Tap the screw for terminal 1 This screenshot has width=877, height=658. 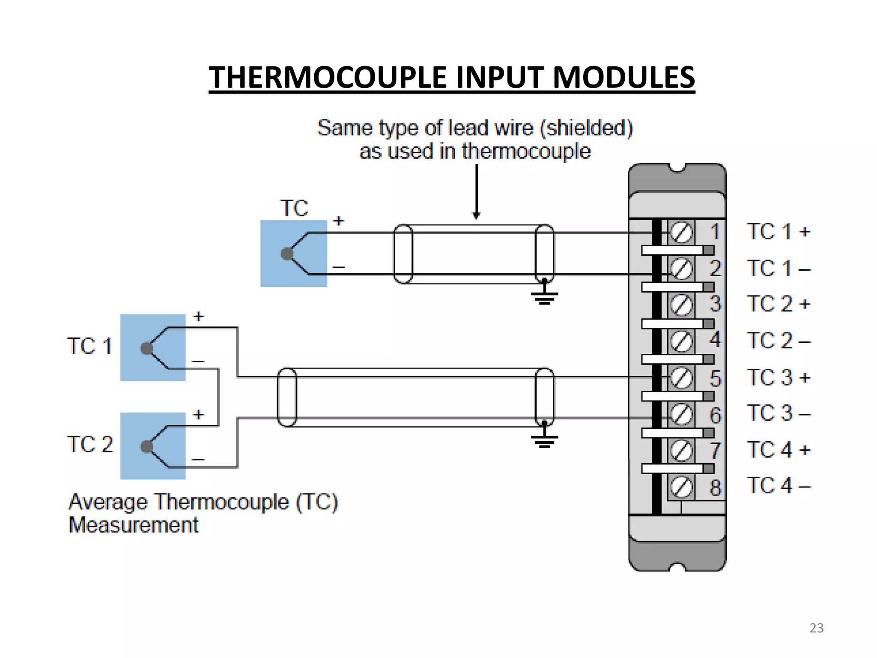point(681,233)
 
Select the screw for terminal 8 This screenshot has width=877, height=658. point(681,487)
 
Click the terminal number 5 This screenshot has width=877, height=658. point(715,379)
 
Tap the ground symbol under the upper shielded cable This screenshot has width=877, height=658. point(544,296)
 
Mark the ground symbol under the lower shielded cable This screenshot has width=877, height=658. point(544,440)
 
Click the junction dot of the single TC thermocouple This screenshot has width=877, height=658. point(287,254)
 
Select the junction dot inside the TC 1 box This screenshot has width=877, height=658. point(147,348)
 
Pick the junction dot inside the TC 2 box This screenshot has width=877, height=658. point(147,446)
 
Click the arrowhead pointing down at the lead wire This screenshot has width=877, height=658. point(476,215)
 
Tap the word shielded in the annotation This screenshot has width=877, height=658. point(586,128)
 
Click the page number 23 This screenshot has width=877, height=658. point(816,628)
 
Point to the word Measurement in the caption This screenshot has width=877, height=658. point(134,525)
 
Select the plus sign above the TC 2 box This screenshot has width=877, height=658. point(198,415)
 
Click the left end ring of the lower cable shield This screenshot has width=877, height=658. point(287,397)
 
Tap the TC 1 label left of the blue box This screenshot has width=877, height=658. point(89,346)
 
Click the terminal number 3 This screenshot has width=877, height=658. point(715,304)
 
